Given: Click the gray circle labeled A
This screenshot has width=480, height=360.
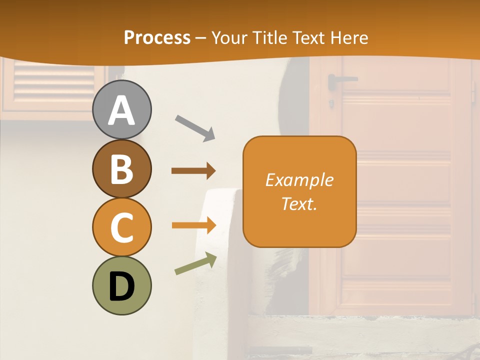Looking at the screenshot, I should tap(122, 110).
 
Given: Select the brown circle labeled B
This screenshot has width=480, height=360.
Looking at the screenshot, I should tap(122, 168).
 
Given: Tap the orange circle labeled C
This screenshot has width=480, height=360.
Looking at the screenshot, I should tap(122, 227).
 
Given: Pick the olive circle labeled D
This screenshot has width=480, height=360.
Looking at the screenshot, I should tap(122, 285).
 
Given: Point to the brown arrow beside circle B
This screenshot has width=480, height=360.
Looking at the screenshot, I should tap(193, 171).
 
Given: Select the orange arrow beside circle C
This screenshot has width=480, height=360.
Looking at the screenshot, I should tap(193, 225).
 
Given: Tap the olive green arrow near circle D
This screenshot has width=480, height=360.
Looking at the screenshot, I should tap(195, 264).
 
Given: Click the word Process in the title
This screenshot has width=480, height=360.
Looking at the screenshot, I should tap(157, 38).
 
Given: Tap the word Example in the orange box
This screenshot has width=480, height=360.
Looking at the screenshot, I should tap(299, 180).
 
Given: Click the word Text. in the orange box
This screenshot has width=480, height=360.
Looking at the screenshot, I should tap(299, 203).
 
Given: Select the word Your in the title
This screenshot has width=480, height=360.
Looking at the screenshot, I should tap(228, 38).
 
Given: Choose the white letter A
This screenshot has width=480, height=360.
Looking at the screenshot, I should tap(122, 110).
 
